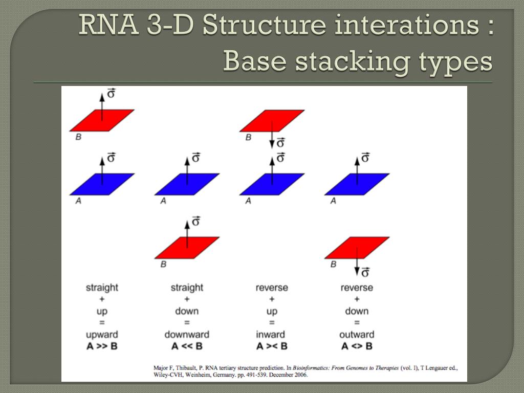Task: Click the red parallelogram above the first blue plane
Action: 102,120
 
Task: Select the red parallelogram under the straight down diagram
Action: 187,248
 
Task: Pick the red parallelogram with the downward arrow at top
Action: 272,121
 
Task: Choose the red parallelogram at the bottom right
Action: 357,248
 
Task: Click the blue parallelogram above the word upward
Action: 102,184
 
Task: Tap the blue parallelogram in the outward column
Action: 357,184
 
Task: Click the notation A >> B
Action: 102,346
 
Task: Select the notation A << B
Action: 187,346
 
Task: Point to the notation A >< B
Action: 272,346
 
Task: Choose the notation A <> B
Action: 357,346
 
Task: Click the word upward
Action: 102,335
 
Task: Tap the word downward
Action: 187,335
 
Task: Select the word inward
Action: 271,335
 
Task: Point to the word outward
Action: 357,335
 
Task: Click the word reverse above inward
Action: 272,288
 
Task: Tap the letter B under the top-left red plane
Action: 78,137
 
